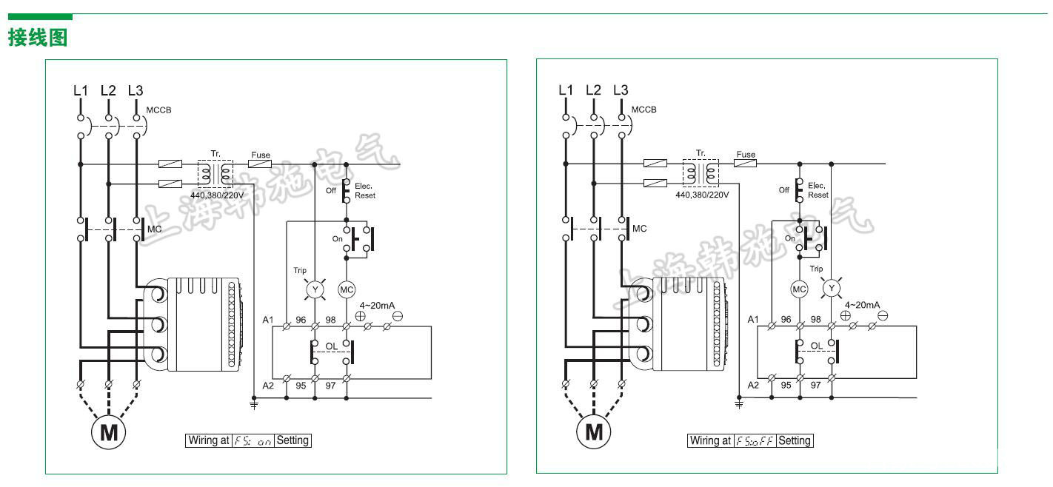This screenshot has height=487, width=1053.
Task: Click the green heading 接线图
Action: click(38, 37)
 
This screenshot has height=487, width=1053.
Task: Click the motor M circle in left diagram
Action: click(109, 431)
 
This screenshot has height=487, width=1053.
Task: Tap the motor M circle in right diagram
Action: click(594, 431)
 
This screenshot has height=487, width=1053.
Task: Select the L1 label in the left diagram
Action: click(80, 90)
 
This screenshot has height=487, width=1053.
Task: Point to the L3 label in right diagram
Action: click(621, 90)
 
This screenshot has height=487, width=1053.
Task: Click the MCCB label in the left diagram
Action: click(158, 110)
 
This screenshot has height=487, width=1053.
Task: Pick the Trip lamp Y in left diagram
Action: click(315, 289)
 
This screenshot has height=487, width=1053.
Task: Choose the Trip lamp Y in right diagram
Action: click(832, 288)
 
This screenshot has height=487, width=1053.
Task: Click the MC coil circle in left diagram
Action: click(347, 289)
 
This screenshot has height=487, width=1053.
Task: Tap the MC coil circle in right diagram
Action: click(799, 289)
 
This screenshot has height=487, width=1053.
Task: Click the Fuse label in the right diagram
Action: click(746, 155)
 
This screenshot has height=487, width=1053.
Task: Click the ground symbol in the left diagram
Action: click(254, 404)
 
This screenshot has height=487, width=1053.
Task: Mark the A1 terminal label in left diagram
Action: click(268, 320)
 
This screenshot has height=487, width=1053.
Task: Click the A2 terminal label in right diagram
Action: click(753, 385)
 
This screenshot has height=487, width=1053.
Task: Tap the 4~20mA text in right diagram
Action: click(862, 305)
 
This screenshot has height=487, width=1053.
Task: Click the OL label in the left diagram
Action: click(332, 346)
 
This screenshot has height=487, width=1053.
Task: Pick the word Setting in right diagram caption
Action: click(795, 440)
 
